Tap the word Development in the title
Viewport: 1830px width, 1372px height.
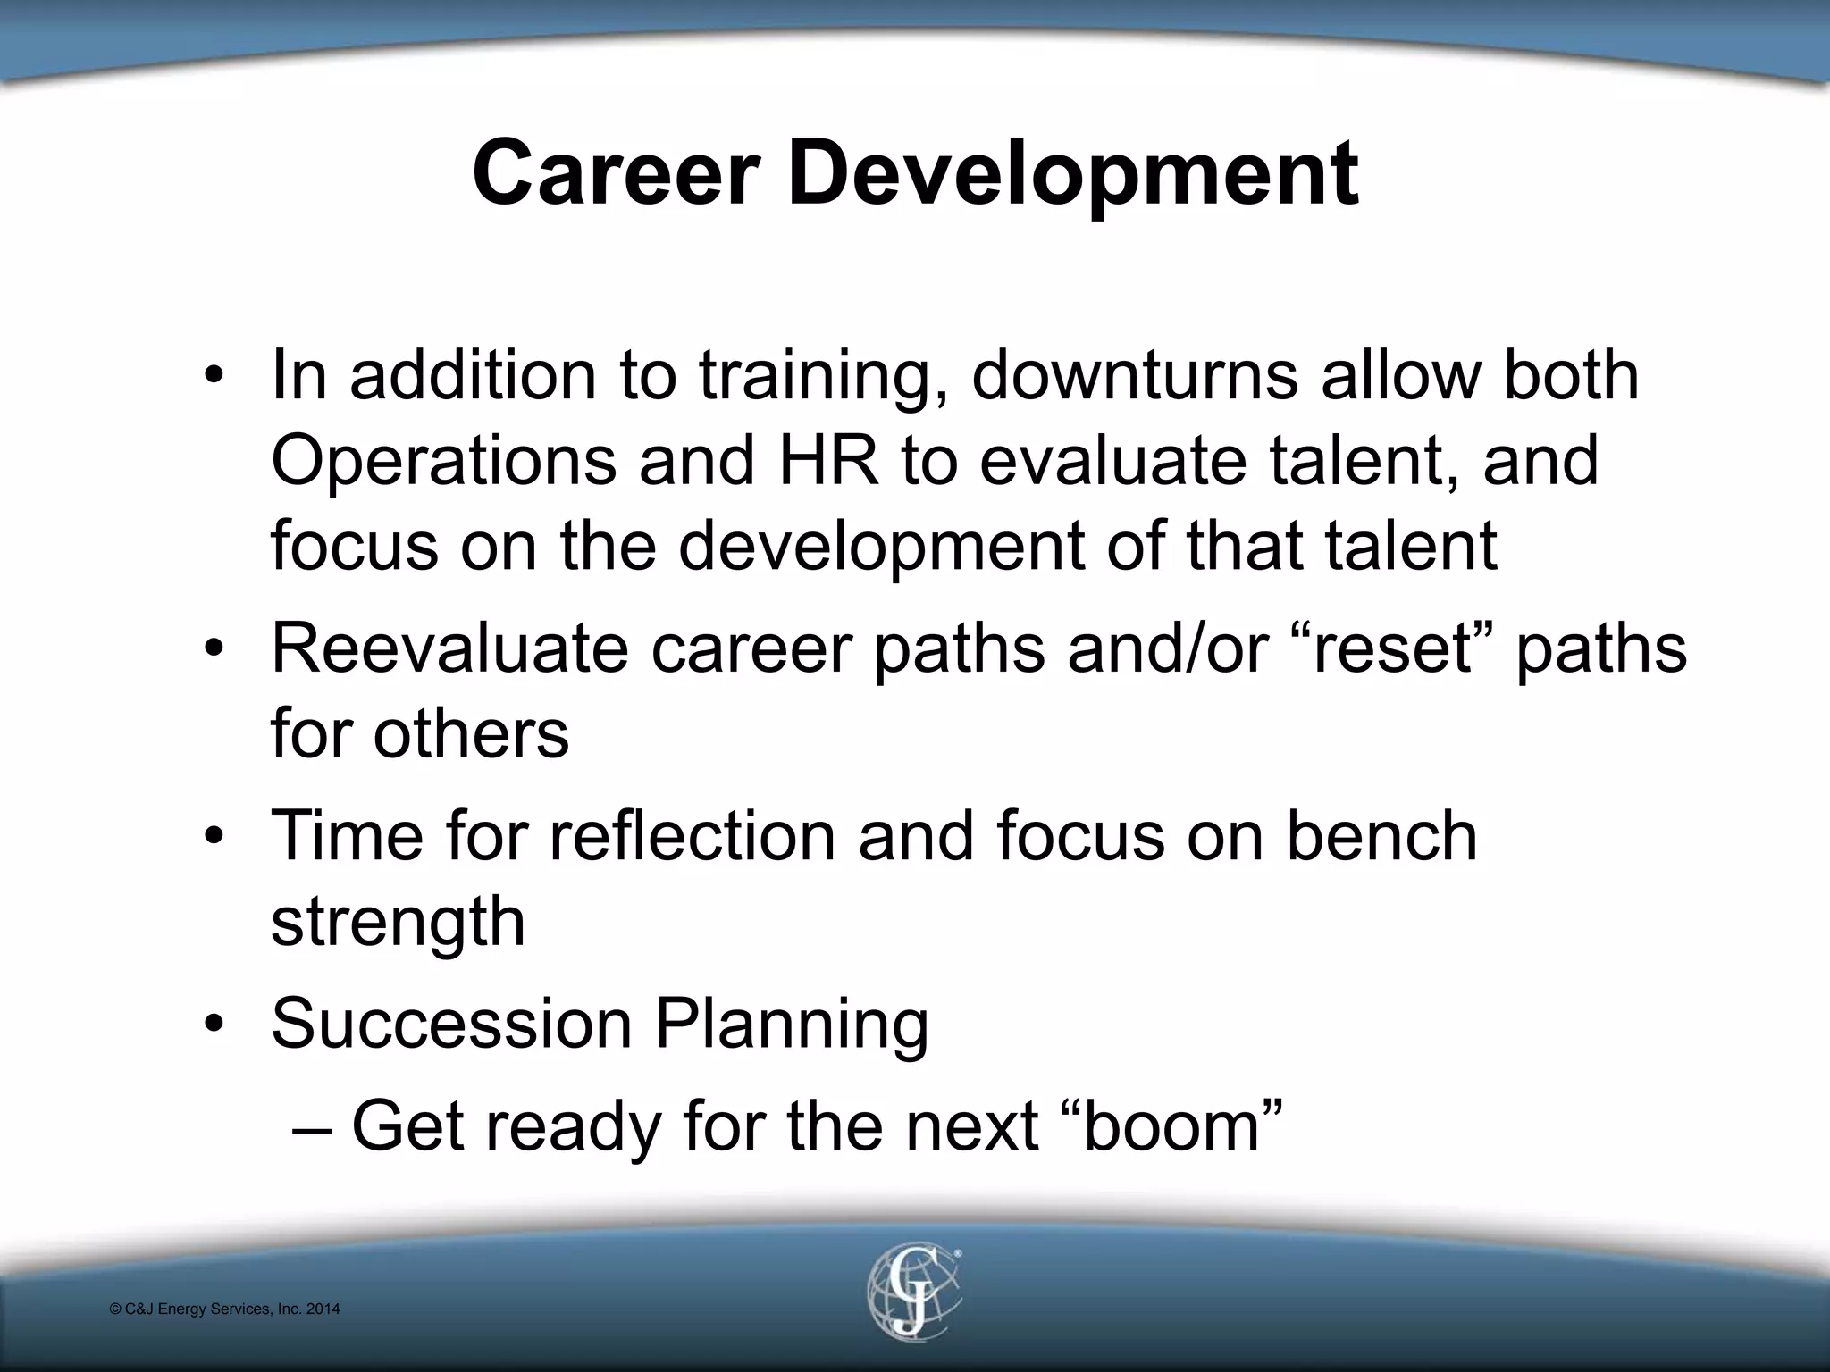(1072, 175)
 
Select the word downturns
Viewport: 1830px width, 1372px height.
(1134, 375)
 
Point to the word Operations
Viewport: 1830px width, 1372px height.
(443, 461)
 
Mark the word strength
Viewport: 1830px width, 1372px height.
(398, 922)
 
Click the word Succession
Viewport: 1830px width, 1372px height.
(451, 1024)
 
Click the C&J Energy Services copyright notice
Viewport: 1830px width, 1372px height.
(224, 1309)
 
